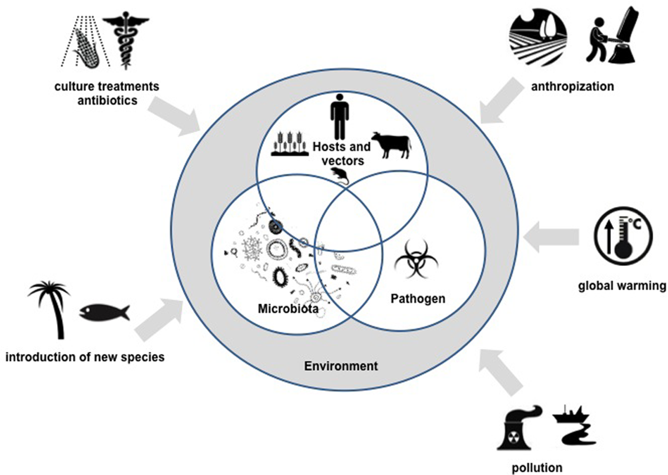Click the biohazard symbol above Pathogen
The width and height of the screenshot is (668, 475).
tap(416, 260)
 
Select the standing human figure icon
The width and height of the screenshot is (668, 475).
tap(339, 116)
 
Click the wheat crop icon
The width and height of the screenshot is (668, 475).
tap(290, 143)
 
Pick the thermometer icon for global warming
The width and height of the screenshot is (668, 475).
tap(623, 236)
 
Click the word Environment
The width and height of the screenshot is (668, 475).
tap(341, 366)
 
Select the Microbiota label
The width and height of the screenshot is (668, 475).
tap(288, 309)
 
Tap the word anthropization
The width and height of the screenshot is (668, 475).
tap(572, 86)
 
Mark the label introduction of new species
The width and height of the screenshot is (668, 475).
tap(85, 357)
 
